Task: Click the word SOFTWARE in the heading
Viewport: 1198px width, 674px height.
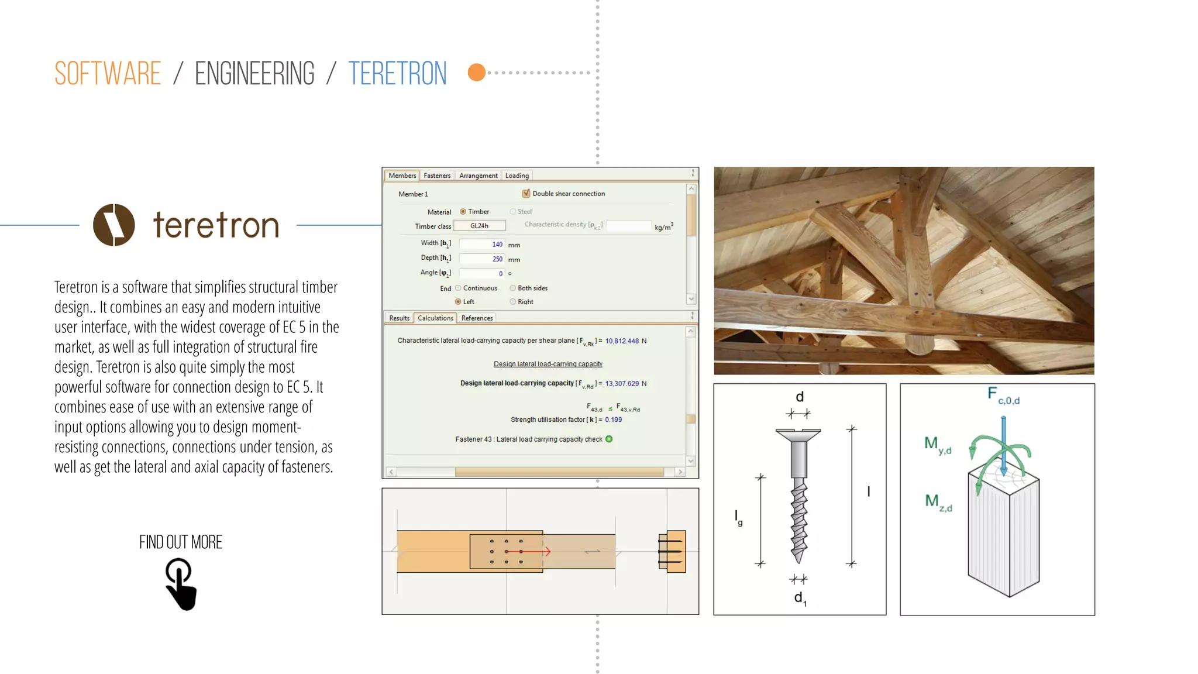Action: coord(108,74)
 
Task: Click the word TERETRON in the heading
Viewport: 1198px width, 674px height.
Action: coord(397,74)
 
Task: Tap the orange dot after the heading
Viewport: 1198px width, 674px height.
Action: coord(477,73)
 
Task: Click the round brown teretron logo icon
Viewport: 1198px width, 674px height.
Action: coord(114,225)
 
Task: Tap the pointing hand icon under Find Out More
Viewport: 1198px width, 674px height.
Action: coord(180,584)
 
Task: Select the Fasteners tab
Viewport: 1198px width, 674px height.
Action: coord(437,176)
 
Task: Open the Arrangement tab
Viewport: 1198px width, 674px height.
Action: coord(478,176)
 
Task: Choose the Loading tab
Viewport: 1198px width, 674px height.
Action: coord(517,176)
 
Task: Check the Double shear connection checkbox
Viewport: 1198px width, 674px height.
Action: coord(526,194)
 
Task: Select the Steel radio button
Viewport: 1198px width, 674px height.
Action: coord(513,212)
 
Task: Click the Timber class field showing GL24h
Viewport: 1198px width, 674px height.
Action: coord(479,226)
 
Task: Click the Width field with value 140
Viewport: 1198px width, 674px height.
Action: coord(481,244)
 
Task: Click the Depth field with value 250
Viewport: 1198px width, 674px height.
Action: coord(481,259)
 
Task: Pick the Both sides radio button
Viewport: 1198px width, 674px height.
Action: coord(513,288)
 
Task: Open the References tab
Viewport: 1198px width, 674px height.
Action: coord(477,318)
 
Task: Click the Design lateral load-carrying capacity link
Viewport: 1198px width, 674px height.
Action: coord(548,364)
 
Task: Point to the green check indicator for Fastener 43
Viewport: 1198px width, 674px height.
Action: coord(609,439)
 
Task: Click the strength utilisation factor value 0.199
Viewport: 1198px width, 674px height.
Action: coord(614,419)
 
